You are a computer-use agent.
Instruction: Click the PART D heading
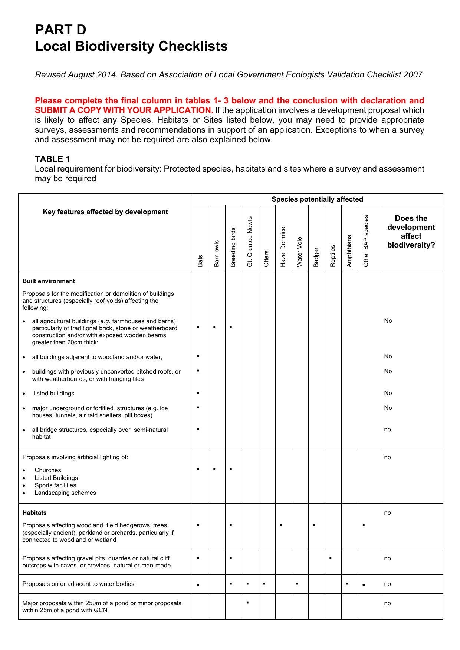60,30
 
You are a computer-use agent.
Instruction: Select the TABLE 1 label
52,159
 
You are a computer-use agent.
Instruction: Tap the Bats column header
200,261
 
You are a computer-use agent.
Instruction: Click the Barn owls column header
217,253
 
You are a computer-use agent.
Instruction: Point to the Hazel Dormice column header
283,247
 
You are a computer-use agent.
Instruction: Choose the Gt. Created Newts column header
250,242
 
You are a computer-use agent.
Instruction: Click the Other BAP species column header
366,241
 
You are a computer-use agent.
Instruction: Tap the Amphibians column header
349,251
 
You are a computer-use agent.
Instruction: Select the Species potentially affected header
317,199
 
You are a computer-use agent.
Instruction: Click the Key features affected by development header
105,212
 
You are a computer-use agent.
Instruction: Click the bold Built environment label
49,281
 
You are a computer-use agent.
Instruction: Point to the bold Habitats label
34,513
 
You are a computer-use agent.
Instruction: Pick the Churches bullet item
48,470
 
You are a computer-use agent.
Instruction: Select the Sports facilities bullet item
55,485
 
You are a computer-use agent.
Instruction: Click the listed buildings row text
54,394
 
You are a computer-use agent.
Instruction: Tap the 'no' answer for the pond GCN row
387,603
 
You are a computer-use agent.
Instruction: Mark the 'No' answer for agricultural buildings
388,321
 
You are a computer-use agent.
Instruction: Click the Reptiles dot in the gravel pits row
330,558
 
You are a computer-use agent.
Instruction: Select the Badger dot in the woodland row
314,525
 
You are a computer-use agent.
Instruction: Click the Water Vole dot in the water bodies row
297,584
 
